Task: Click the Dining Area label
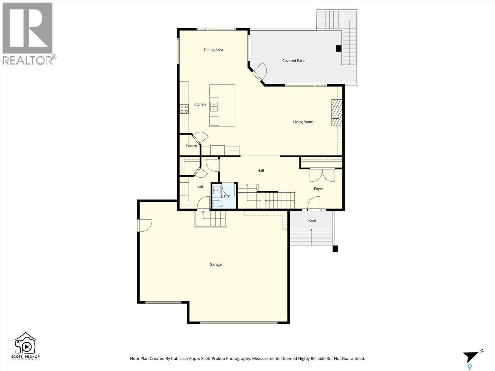tap(213, 50)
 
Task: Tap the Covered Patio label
tap(294, 61)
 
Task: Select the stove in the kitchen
tap(184, 109)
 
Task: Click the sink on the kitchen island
tap(214, 106)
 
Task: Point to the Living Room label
tap(303, 122)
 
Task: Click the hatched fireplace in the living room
tap(337, 113)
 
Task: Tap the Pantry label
tap(191, 146)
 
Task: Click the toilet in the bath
tap(217, 203)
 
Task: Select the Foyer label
tap(318, 189)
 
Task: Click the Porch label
tap(311, 221)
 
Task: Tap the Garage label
tap(215, 264)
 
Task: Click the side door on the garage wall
tap(145, 225)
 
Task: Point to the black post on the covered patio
tap(338, 49)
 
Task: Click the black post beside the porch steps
tap(335, 249)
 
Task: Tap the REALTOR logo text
tap(28, 60)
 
